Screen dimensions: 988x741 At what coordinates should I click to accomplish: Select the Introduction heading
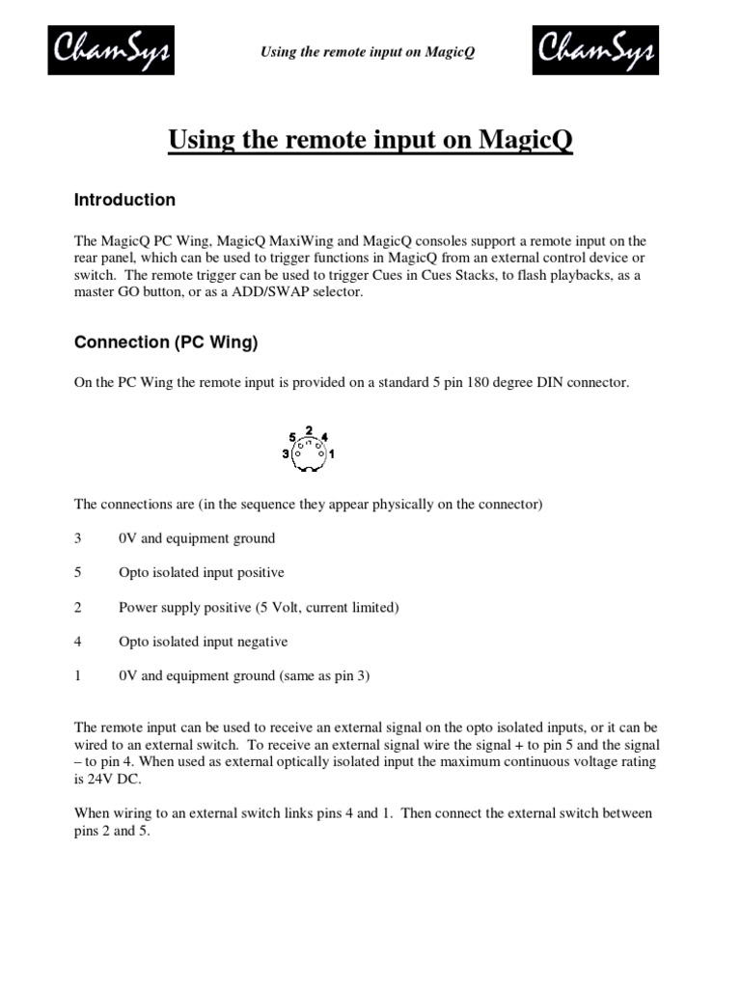coord(124,200)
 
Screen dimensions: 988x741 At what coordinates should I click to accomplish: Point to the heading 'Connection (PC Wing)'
coord(166,342)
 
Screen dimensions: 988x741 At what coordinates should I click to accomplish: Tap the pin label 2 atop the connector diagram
coord(309,429)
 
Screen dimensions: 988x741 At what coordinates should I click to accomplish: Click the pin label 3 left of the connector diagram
coord(287,453)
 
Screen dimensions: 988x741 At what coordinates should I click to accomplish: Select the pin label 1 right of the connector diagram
coord(332,453)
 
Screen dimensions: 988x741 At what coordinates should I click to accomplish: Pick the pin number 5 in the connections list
coord(78,573)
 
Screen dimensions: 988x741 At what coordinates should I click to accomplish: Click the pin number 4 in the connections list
coord(78,642)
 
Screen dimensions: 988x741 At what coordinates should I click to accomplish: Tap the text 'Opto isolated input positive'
coord(201,573)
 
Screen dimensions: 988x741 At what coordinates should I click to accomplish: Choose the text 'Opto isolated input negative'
coord(203,642)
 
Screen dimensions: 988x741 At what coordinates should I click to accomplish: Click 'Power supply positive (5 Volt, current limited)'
coord(259,608)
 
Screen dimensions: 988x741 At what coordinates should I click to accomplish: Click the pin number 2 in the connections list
coord(78,608)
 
